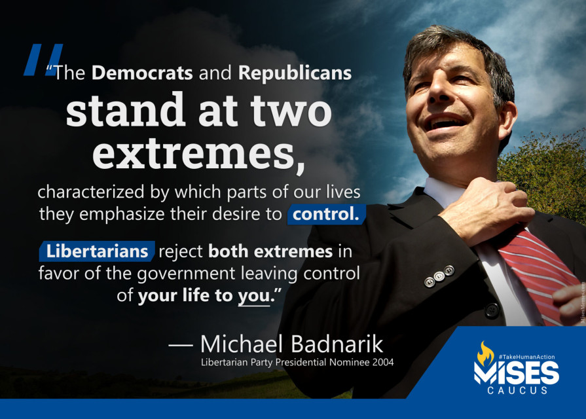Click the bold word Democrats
pos(142,73)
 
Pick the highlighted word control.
pos(325,214)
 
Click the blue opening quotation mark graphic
pos(44,60)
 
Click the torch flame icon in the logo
pos(485,354)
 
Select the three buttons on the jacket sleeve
pos(439,276)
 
